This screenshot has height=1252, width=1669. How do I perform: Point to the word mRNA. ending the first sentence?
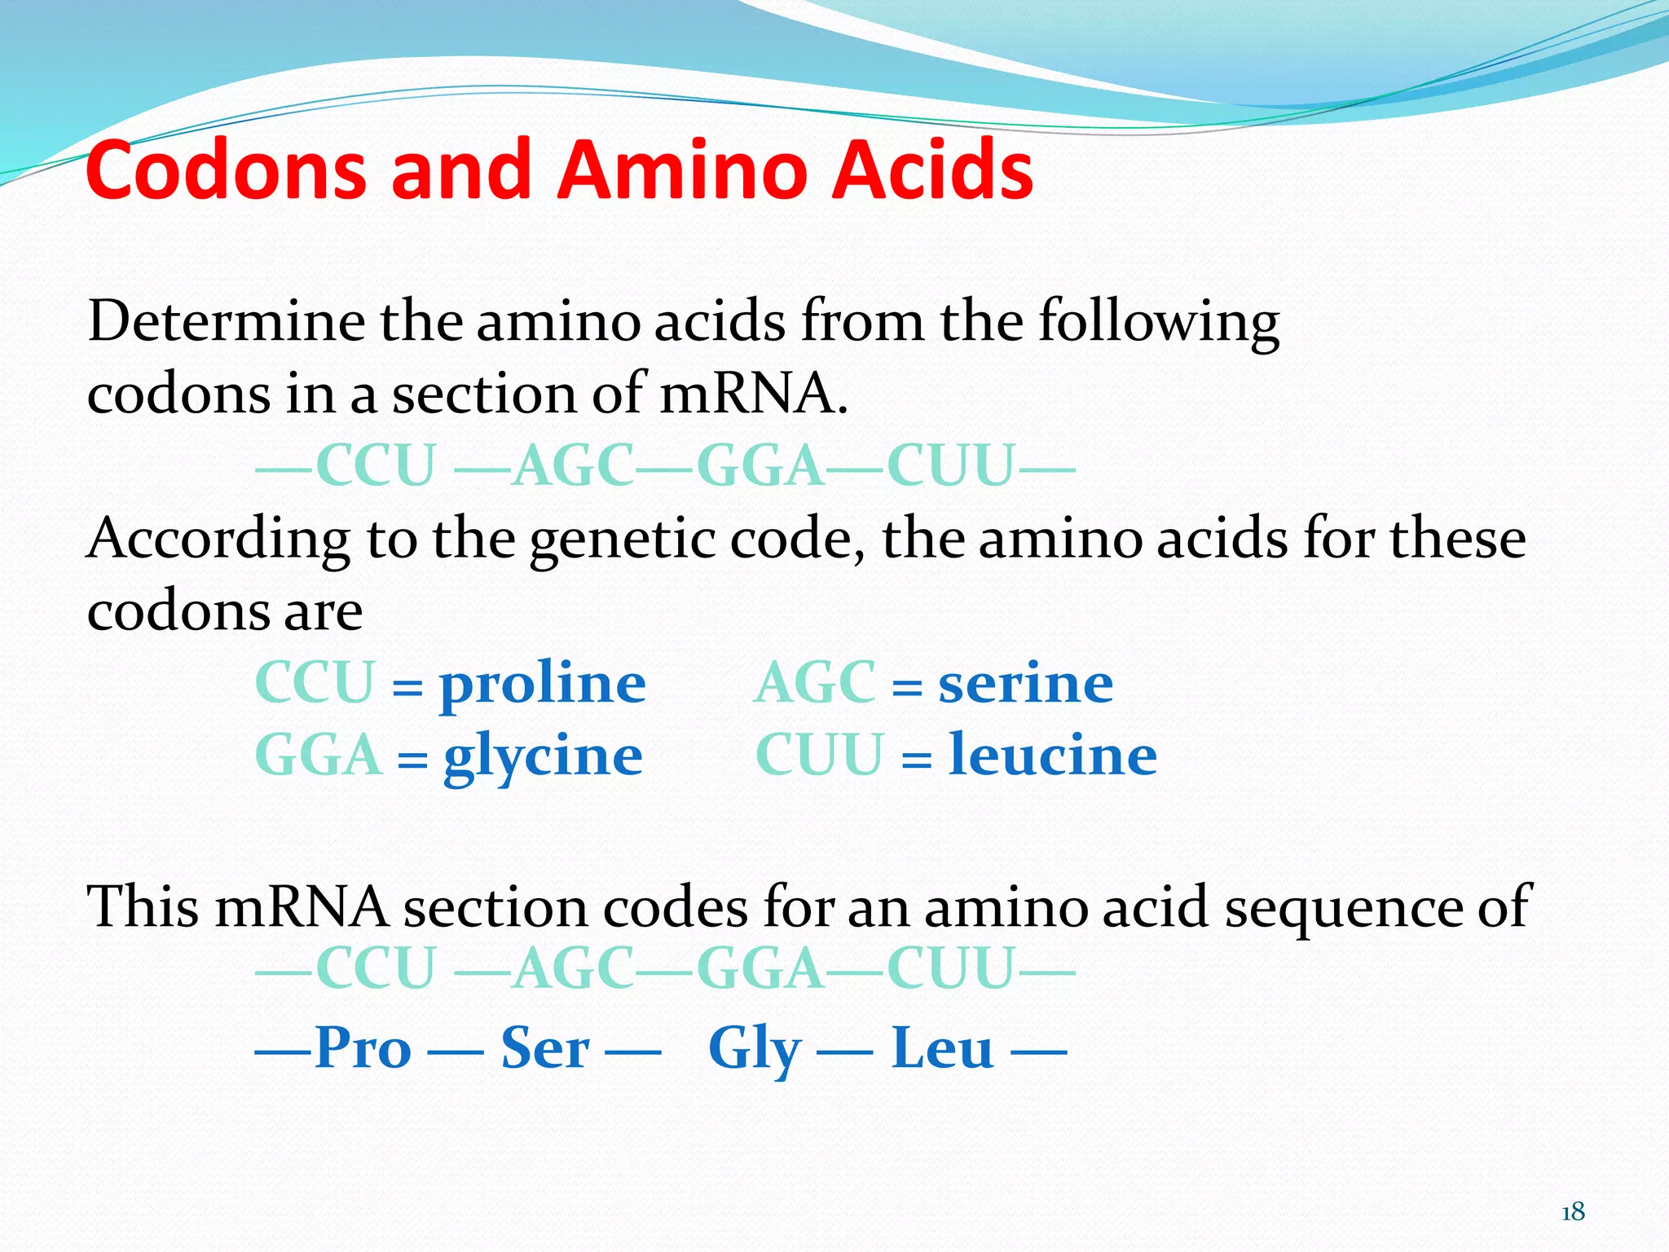753,394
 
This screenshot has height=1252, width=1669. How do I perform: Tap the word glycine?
543,756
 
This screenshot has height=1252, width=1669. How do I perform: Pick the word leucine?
1053,755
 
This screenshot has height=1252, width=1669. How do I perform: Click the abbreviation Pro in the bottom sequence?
363,1048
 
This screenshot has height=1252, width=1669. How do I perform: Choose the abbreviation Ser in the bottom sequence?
544,1048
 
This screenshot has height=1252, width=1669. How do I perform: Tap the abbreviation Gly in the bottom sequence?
755,1050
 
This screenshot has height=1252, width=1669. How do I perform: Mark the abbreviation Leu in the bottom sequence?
942,1048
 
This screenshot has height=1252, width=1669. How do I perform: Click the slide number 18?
1573,1212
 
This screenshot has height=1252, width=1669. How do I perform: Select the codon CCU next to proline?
315,683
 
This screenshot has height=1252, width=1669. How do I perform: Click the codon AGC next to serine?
815,683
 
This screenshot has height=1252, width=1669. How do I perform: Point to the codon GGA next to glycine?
319,756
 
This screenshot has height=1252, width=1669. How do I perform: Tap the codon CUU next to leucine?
819,756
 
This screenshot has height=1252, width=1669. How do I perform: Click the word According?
218,540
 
